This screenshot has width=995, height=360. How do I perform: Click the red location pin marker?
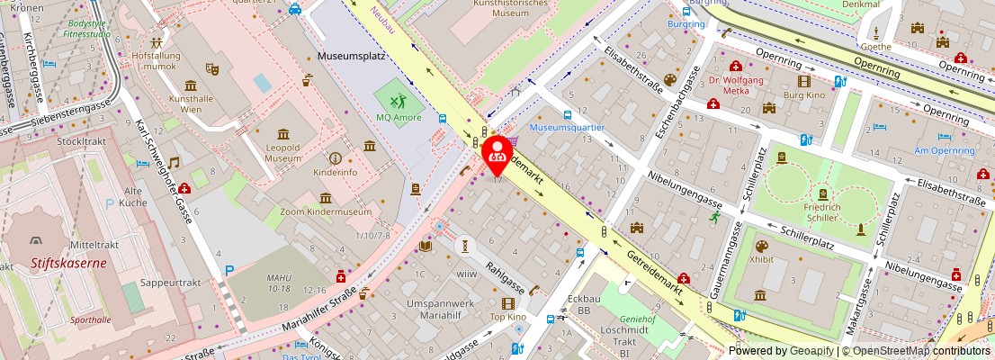(x=497, y=155)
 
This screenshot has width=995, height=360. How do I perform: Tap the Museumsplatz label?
(x=351, y=56)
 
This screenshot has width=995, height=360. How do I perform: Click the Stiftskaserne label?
(x=41, y=264)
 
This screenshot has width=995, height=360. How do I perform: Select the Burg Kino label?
(x=803, y=94)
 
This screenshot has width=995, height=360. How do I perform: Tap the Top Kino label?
(x=507, y=317)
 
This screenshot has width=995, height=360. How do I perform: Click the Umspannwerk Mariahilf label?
(x=447, y=310)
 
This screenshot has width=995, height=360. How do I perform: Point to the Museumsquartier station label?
(x=567, y=128)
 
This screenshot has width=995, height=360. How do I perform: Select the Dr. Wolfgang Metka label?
(x=735, y=85)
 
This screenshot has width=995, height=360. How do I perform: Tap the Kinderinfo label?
(x=335, y=171)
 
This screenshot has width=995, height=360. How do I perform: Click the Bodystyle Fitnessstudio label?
(x=88, y=28)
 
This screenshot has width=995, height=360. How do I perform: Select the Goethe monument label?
(x=875, y=47)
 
